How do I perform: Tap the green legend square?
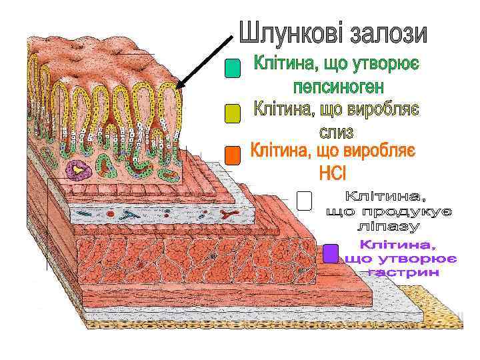coord(232,69)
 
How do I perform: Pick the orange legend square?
coord(232,155)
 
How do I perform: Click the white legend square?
coord(303,201)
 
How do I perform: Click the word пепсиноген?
coord(338,87)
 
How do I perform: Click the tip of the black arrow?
coord(178,87)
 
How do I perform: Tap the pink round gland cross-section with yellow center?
coord(81,171)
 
